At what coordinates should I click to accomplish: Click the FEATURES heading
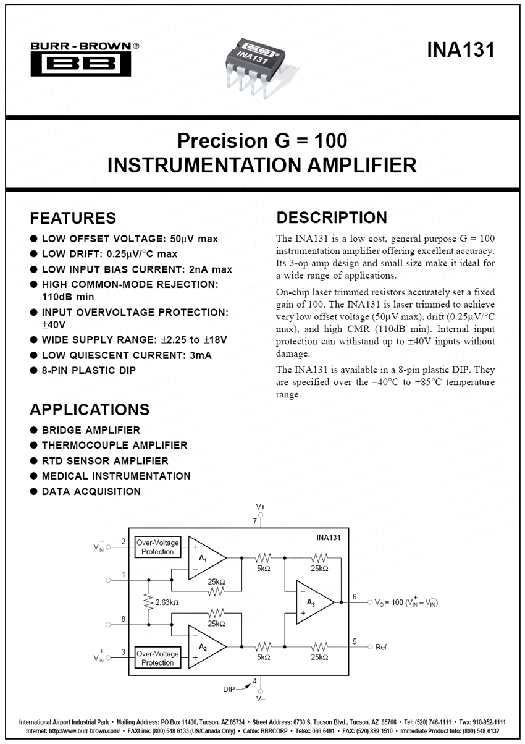click(x=73, y=218)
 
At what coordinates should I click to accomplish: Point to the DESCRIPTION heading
click(x=332, y=218)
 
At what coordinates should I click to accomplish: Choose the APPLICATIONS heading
click(x=90, y=410)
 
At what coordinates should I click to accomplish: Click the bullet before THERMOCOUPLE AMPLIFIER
click(x=34, y=446)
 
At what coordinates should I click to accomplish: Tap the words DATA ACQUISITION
click(x=91, y=492)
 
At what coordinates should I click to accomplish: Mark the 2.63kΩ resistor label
click(x=167, y=602)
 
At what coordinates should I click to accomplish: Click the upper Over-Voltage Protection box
click(x=157, y=547)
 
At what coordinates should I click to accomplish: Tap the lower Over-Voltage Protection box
click(x=157, y=658)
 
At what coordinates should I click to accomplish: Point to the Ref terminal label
click(x=381, y=647)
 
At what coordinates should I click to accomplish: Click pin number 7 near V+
click(x=254, y=522)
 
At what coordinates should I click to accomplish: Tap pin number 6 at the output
click(x=355, y=596)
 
